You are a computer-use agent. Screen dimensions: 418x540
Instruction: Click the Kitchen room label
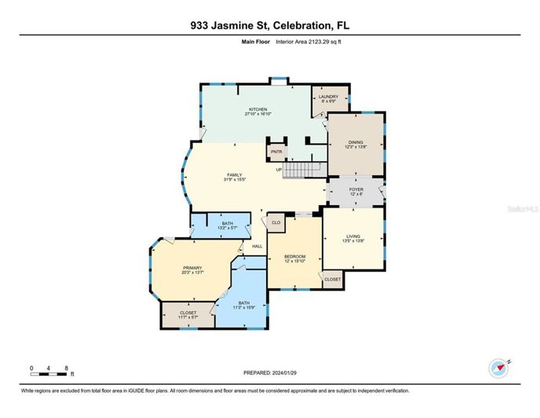click(258, 112)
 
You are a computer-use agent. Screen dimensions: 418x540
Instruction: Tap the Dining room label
click(356, 144)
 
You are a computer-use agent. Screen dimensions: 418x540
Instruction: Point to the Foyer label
click(356, 191)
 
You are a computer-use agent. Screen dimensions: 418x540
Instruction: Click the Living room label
click(353, 237)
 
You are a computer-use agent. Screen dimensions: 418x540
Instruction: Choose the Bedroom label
click(295, 259)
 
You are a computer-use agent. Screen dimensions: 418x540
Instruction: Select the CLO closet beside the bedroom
click(275, 223)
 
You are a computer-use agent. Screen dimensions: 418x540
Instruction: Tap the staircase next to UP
click(303, 168)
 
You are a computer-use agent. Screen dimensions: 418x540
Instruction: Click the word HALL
click(257, 247)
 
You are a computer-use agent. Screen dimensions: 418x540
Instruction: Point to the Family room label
click(234, 177)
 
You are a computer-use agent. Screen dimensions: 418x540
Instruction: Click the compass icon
click(499, 367)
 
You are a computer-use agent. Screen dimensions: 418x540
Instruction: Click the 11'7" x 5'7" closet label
click(188, 314)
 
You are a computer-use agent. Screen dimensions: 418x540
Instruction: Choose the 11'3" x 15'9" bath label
click(244, 304)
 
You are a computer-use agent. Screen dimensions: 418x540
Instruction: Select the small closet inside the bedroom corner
click(332, 279)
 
